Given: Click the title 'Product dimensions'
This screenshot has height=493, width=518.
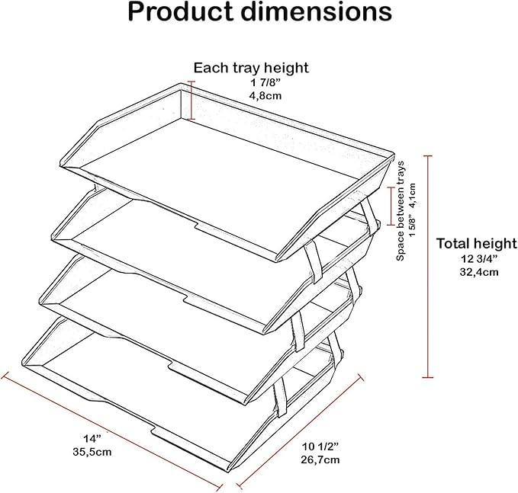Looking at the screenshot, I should click(x=259, y=13).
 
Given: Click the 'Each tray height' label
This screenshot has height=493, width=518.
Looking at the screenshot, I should click(x=251, y=68).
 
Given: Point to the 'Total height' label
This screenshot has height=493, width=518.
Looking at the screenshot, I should click(x=476, y=244).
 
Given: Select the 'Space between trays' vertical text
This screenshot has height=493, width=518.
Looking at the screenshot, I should click(x=401, y=212).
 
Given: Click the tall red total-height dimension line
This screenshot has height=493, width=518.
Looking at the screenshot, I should click(x=428, y=267).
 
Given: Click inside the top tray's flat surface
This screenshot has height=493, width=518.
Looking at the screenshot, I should click(x=229, y=152).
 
